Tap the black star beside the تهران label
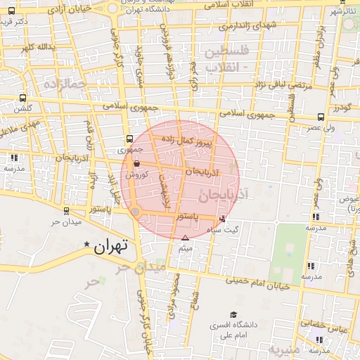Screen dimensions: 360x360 click(x=87, y=245)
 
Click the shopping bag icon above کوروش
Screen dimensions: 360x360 click(x=136, y=164)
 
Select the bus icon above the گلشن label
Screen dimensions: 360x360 click(x=23, y=98)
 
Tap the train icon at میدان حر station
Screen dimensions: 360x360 click(x=65, y=210)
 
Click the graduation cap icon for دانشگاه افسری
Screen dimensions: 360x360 click(x=233, y=314)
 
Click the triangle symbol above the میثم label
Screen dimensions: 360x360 click(x=186, y=238)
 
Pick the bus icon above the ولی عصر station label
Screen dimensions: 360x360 click(x=321, y=117)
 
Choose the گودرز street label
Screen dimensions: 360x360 click(x=342, y=107)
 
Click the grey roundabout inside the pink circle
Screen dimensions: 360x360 click(x=136, y=212)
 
